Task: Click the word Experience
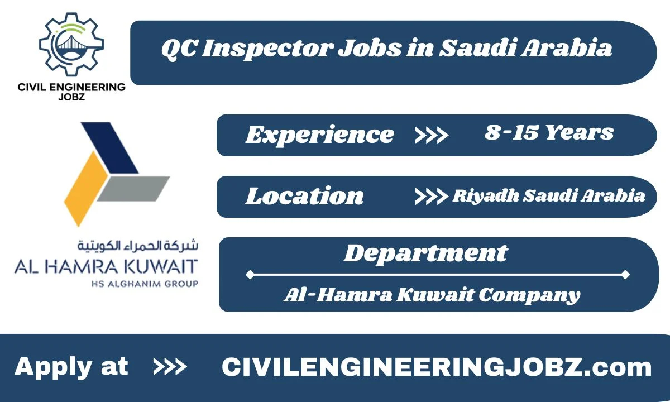tap(319, 135)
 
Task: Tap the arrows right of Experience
tap(431, 135)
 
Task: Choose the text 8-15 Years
tap(549, 133)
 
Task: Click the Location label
tap(304, 196)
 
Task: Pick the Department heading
tap(425, 253)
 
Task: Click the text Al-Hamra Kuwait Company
tap(432, 294)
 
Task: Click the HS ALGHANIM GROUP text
tap(144, 284)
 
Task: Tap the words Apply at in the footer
tap(71, 367)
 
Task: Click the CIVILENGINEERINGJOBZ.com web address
tap(437, 367)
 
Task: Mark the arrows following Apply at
tap(170, 367)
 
